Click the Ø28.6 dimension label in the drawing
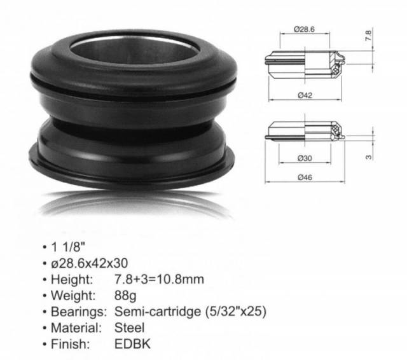click(x=304, y=29)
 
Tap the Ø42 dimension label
click(x=305, y=95)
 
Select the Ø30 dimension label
click(x=305, y=158)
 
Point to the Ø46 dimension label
click(x=305, y=177)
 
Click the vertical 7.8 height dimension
click(x=369, y=36)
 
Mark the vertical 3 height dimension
click(x=369, y=157)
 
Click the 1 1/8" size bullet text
click(x=68, y=247)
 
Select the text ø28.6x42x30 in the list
click(x=89, y=263)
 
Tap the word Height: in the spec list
click(x=72, y=279)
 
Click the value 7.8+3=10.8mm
click(x=159, y=279)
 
